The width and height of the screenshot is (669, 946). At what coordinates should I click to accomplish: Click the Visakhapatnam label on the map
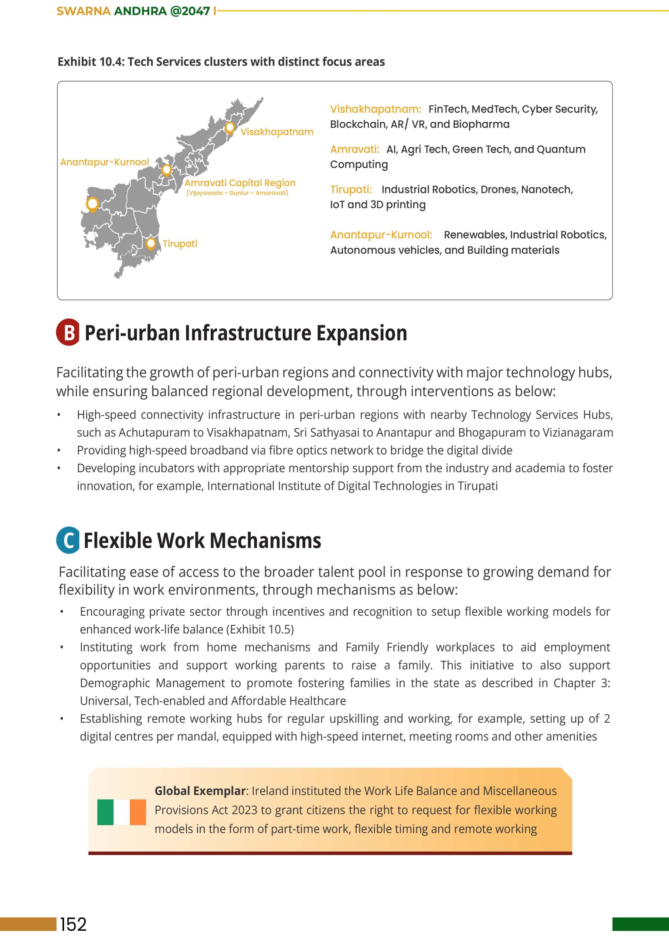click(x=276, y=132)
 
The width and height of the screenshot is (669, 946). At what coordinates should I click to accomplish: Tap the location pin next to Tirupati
click(x=151, y=244)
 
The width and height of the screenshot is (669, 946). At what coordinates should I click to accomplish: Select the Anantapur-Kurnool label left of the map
click(x=104, y=162)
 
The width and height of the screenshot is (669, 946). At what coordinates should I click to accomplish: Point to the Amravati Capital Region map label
click(x=240, y=183)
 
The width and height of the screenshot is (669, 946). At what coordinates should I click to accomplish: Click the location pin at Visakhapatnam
click(x=230, y=128)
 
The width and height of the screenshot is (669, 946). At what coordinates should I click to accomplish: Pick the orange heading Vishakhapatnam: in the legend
click(x=376, y=109)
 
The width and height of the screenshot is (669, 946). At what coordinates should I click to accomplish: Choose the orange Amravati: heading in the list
click(x=354, y=149)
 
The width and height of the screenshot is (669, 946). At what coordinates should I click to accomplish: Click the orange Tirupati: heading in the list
click(x=351, y=190)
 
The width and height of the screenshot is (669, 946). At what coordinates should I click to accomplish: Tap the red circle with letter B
click(x=68, y=332)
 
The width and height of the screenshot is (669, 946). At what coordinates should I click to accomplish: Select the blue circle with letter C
click(x=68, y=540)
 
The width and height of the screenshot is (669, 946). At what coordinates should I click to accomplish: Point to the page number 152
click(x=74, y=924)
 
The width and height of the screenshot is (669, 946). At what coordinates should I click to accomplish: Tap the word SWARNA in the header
click(x=84, y=11)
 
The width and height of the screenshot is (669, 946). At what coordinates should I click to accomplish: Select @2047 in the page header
click(x=190, y=11)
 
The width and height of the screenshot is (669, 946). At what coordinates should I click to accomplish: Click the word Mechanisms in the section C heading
click(x=268, y=541)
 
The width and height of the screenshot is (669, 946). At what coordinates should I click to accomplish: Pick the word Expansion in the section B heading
click(x=361, y=333)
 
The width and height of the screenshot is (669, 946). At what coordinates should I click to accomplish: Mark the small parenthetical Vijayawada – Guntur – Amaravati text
click(x=237, y=193)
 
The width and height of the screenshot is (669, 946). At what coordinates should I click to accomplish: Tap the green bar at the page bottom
click(x=640, y=924)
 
